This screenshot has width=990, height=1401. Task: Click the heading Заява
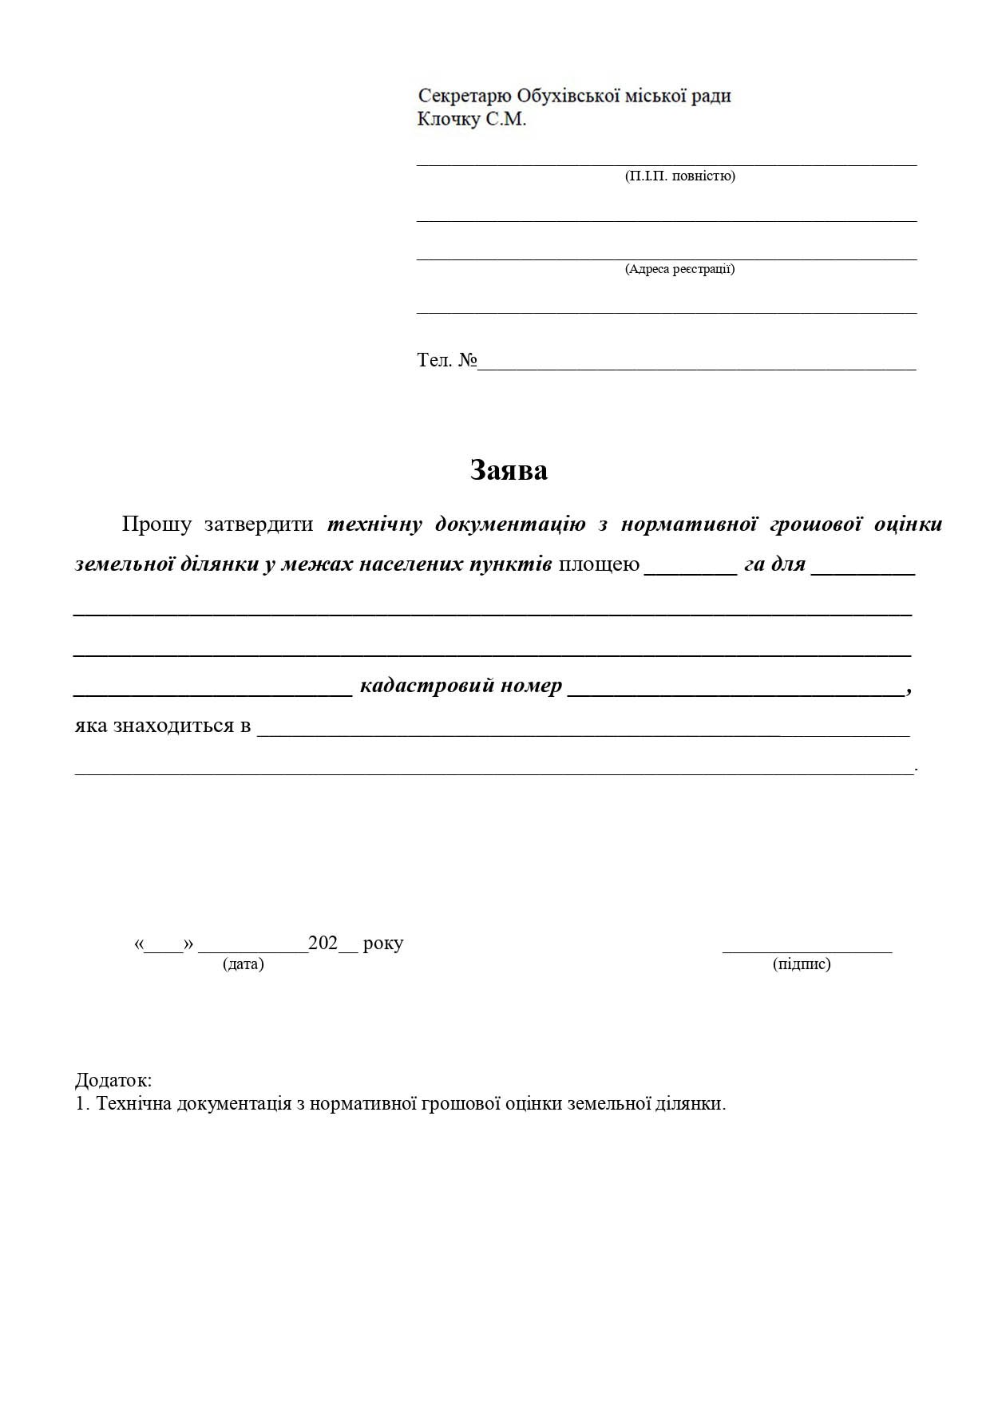click(x=509, y=470)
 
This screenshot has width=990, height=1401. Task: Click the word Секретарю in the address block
click(x=465, y=97)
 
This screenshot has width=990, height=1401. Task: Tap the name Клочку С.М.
click(x=472, y=120)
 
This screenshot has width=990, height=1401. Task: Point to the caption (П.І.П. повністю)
click(x=679, y=176)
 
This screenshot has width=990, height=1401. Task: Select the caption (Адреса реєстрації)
click(x=679, y=269)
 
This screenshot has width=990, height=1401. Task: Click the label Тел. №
click(x=446, y=360)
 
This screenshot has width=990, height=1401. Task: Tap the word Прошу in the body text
click(x=156, y=524)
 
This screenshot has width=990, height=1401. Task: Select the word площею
click(x=599, y=564)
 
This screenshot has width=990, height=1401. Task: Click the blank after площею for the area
click(x=690, y=568)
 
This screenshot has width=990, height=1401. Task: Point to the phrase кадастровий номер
click(x=461, y=686)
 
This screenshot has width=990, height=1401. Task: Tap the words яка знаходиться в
click(x=163, y=726)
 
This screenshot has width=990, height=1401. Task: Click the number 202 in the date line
click(x=323, y=943)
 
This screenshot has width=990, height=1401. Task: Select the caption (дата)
click(x=244, y=964)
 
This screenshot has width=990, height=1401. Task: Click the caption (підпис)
click(x=802, y=964)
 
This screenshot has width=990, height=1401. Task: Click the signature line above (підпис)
click(x=807, y=950)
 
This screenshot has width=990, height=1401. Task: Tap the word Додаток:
click(x=113, y=1080)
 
